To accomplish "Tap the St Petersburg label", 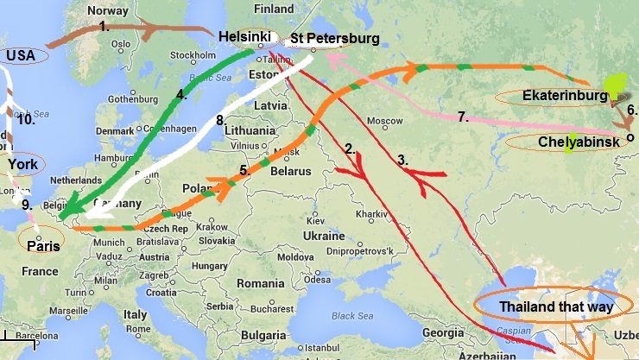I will click(334, 39).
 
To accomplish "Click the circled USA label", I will click(21, 55).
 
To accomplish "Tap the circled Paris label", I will click(42, 245).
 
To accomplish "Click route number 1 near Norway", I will click(104, 26).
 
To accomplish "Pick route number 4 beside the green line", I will click(182, 95).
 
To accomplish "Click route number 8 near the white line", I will click(220, 120).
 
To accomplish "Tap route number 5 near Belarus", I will click(244, 171).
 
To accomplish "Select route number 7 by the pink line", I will click(462, 117).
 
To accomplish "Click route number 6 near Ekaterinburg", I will click(631, 110).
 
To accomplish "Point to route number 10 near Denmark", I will click(26, 119).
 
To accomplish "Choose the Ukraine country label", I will click(323, 235).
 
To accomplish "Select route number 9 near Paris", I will click(27, 205).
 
